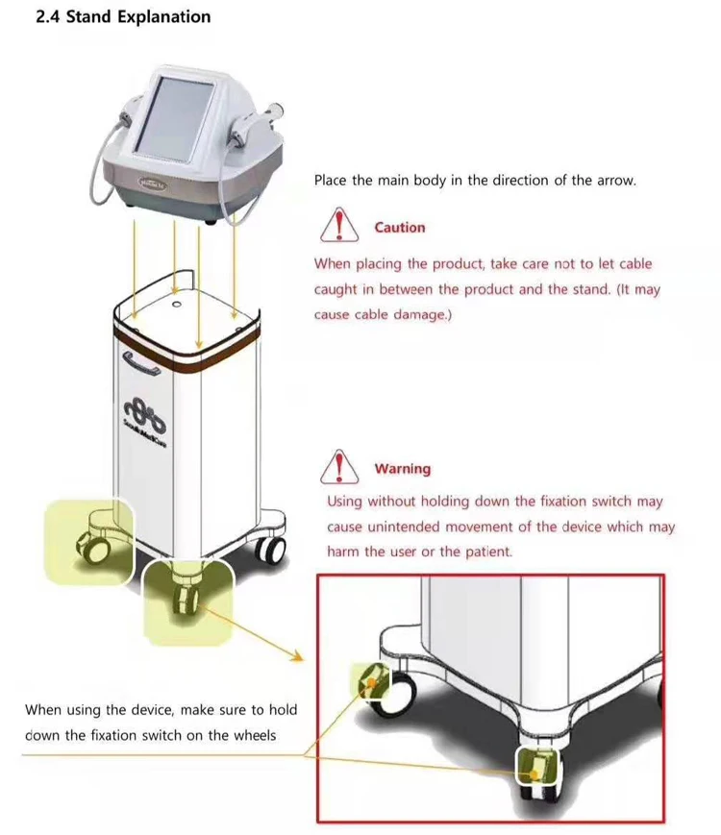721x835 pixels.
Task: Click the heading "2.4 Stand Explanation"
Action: point(123,17)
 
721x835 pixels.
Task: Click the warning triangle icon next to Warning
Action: point(338,468)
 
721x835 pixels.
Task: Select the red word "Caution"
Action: point(399,228)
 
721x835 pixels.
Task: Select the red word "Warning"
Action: point(402,469)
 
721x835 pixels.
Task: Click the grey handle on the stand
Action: point(140,364)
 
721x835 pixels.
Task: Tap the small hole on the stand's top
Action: point(177,305)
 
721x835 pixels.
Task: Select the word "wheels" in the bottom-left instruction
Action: point(252,735)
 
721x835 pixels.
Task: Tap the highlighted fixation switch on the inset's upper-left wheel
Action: point(369,681)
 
